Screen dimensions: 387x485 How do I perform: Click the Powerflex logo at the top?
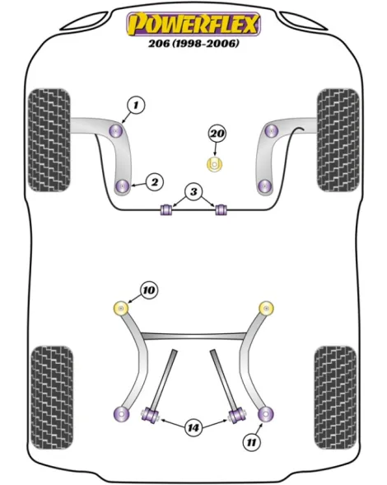pos(193,24)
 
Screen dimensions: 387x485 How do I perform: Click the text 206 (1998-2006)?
pos(193,43)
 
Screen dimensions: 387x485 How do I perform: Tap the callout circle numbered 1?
pos(136,106)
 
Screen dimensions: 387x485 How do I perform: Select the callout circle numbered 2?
pos(155,181)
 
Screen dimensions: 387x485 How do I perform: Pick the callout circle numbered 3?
pos(193,191)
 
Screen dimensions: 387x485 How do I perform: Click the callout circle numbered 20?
pos(217,134)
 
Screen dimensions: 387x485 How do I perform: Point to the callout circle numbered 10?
pos(149,290)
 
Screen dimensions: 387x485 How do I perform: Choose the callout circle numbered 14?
pos(193,428)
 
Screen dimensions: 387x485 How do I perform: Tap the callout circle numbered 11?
pos(252,442)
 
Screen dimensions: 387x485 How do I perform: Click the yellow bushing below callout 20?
pos(214,164)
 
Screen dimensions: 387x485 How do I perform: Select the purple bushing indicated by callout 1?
pos(116,131)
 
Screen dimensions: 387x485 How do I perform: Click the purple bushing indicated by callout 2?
pos(123,186)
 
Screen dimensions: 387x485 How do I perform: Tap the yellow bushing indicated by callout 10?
pos(121,308)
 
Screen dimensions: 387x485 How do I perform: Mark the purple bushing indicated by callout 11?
pos(265,414)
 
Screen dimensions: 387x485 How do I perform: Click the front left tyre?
pos(49,140)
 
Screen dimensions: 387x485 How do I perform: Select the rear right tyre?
pos(335,398)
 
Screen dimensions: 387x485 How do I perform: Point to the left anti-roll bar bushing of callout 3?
pos(166,210)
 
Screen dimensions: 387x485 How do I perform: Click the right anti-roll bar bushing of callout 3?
pos(221,210)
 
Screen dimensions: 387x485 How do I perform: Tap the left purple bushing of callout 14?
pos(150,414)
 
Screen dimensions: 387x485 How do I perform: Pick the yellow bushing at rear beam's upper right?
pos(266,308)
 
